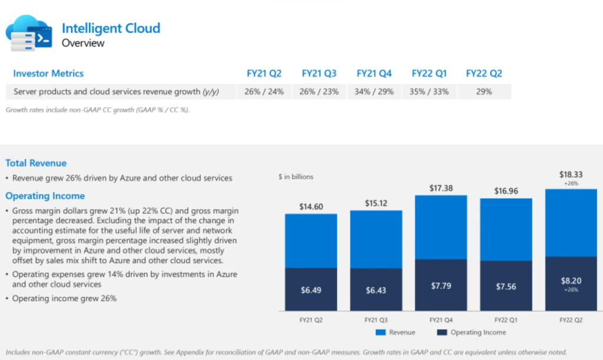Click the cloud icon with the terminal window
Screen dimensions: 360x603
29,35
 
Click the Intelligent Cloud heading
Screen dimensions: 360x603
111,28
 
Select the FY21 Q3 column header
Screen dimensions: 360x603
319,74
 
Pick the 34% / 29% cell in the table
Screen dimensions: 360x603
374,92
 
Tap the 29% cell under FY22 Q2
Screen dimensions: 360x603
483,92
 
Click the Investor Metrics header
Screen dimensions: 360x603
48,74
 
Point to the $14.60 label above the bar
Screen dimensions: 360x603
311,206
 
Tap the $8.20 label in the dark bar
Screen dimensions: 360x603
571,281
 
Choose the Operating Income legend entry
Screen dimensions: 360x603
472,333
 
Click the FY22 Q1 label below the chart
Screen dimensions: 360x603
506,319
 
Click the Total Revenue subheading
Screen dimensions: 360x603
36,163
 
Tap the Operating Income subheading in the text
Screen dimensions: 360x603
45,196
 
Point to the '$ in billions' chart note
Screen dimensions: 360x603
296,177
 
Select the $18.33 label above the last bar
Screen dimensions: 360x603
571,175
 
